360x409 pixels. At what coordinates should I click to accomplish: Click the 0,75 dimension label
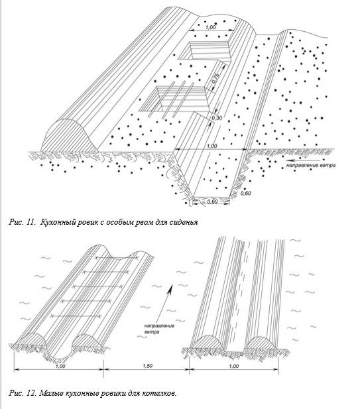coord(216,77)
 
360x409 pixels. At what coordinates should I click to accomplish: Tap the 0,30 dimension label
coord(217,118)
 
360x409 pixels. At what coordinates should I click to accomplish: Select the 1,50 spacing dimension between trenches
coord(147,366)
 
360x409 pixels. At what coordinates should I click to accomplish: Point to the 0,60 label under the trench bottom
coord(213,201)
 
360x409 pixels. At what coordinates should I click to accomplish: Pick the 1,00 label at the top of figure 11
coord(211,27)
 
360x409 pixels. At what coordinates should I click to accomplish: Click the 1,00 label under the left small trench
coord(60,366)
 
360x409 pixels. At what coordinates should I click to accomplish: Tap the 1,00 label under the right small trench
coord(234,366)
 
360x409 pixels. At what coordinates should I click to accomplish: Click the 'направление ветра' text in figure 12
coord(159,329)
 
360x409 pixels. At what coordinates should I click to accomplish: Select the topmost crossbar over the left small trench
coord(117,258)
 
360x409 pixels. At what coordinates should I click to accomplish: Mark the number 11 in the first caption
coord(30,222)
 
